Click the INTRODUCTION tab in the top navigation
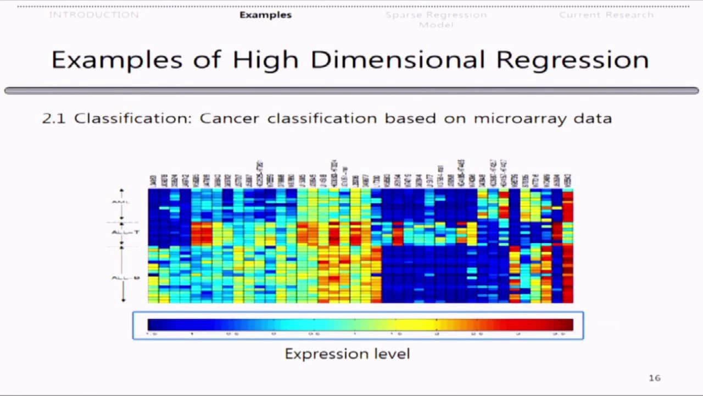pyautogui.click(x=94, y=15)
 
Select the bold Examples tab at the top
pyautogui.click(x=265, y=15)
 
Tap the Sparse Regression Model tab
pyautogui.click(x=436, y=19)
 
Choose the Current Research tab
pyautogui.click(x=606, y=15)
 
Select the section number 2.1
pyautogui.click(x=54, y=118)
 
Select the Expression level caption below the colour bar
pyautogui.click(x=347, y=354)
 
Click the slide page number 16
pyautogui.click(x=654, y=378)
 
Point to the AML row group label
pyautogui.click(x=120, y=202)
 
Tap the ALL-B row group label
pyautogui.click(x=126, y=278)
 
